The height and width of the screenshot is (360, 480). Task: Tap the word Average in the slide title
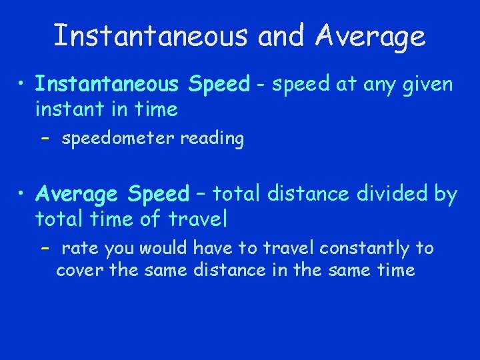point(371,37)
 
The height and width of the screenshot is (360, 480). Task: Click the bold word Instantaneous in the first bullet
point(107,85)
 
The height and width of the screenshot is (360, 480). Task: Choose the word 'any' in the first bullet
point(365,85)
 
